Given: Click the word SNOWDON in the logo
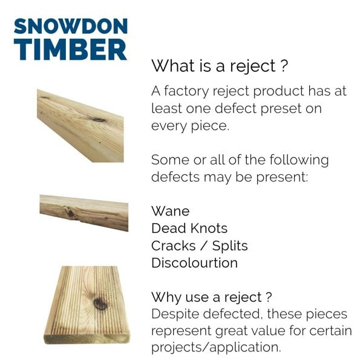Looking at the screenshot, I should pos(70,26).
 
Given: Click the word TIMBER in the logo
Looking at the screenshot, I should pos(70,50).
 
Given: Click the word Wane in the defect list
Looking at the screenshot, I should pos(170,211).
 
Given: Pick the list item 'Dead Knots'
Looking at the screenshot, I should pos(189,228).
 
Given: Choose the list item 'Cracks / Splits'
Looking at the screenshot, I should pos(199,246).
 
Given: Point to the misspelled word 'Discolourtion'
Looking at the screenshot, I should pos(194,263).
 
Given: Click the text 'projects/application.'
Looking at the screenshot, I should pos(216,349).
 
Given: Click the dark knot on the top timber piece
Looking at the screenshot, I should pos(98,119).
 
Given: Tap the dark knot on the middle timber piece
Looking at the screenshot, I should pos(72,212).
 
